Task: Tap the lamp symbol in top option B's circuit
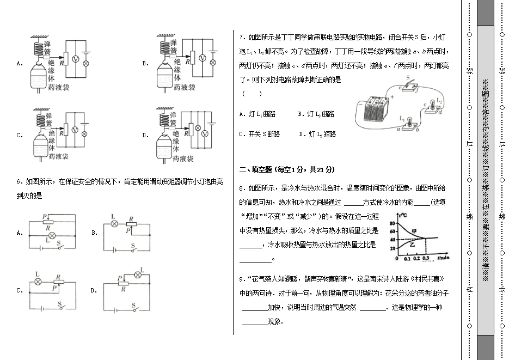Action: pos(213,62)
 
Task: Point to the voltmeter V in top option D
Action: pos(198,133)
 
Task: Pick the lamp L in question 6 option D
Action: pos(138,276)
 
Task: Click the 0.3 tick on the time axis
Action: pos(425,258)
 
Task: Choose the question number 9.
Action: pos(241,279)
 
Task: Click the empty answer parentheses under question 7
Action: pos(252,93)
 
